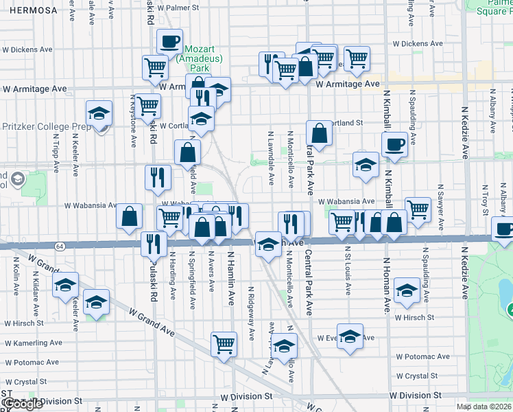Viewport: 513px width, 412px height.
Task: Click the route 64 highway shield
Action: click(x=60, y=245)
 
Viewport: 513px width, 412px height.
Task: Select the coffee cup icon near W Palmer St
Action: click(x=169, y=41)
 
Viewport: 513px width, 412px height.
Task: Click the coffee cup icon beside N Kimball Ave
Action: click(x=394, y=145)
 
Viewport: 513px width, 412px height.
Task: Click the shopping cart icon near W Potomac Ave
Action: click(x=224, y=345)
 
